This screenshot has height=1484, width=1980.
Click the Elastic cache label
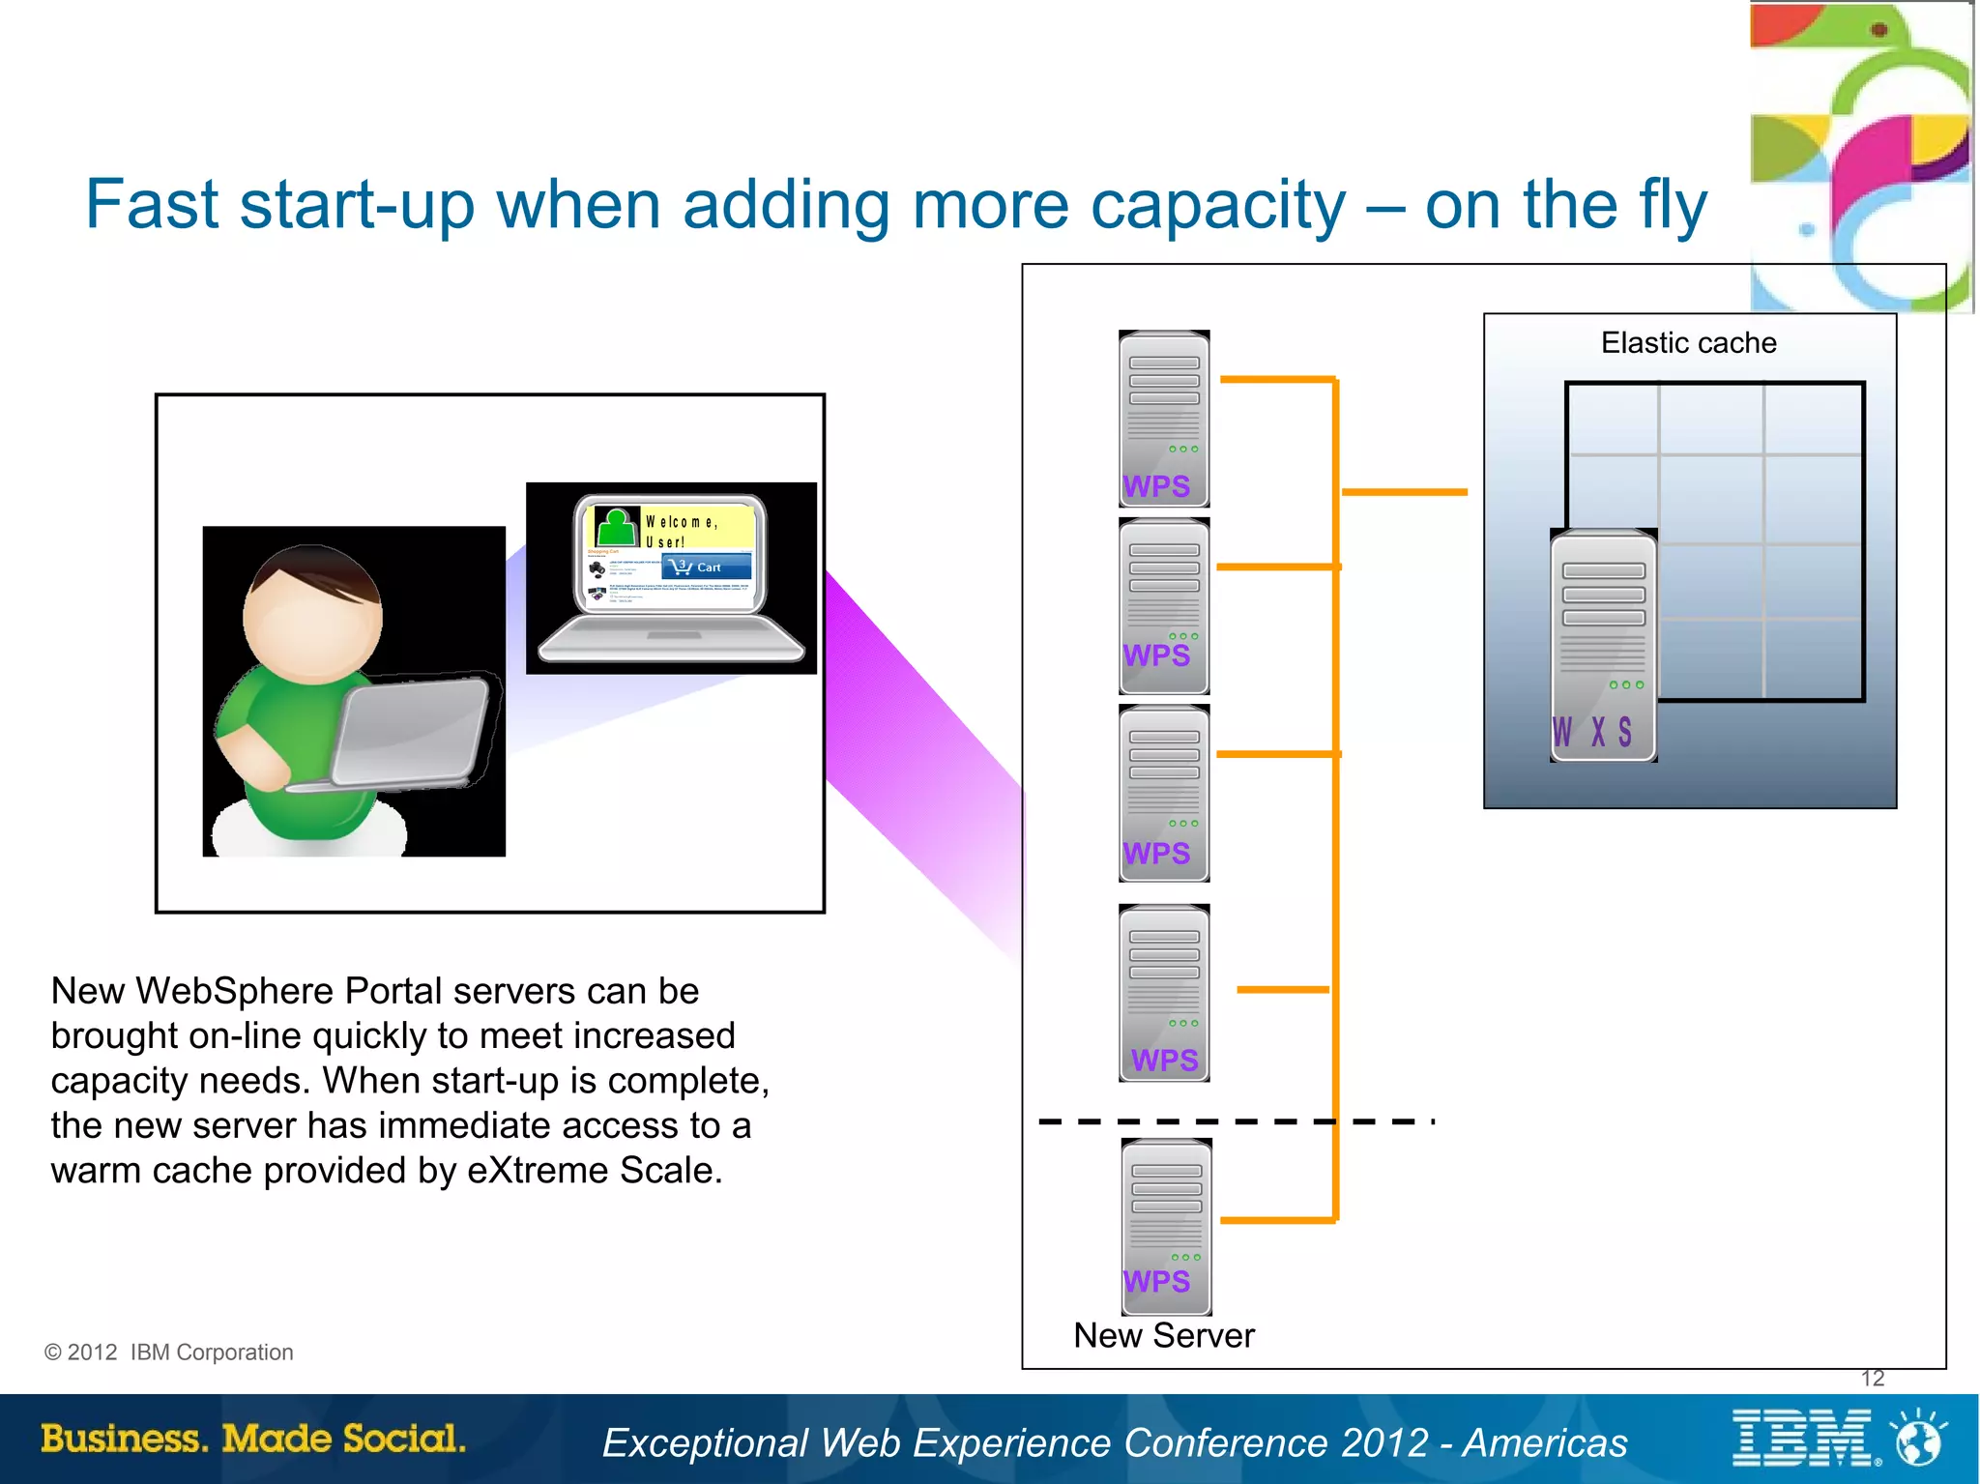1688,343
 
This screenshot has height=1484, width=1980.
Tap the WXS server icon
1603,646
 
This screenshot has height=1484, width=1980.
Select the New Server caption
1163,1336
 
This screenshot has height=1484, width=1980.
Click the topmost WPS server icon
1164,419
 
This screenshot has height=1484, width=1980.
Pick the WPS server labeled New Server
1166,1226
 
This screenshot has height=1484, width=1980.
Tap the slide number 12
1872,1379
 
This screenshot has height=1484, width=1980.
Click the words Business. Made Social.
253,1439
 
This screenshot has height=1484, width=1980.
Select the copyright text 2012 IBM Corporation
169,1353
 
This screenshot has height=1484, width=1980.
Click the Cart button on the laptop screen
707,567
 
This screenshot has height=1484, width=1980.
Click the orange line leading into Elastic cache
1404,492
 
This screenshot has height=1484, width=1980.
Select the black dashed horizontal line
1235,1121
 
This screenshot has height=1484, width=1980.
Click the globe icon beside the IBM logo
1918,1439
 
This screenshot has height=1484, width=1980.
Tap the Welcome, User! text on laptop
682,531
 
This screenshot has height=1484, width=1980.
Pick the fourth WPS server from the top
1164,993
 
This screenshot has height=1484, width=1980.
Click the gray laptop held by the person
410,733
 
